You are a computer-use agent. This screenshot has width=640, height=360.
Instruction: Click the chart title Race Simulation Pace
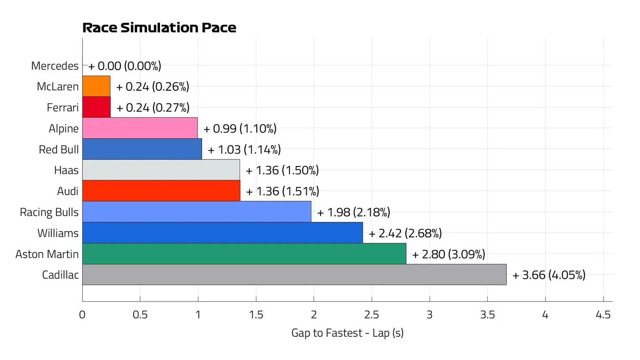click(x=159, y=28)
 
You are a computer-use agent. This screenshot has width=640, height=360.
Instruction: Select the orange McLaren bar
click(x=96, y=86)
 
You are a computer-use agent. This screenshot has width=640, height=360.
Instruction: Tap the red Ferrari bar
click(x=96, y=107)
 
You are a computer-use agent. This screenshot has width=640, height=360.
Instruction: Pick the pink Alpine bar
click(x=140, y=128)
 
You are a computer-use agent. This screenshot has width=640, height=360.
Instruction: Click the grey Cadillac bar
click(x=294, y=274)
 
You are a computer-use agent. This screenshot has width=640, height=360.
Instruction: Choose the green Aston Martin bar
click(x=244, y=254)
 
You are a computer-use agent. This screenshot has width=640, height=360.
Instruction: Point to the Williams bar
click(x=222, y=233)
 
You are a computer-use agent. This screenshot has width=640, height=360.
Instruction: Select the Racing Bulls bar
click(x=197, y=212)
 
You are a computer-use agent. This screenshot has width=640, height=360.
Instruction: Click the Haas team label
click(x=66, y=170)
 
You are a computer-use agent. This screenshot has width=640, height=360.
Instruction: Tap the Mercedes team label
click(x=55, y=66)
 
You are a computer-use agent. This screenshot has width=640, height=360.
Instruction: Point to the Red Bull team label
click(x=58, y=149)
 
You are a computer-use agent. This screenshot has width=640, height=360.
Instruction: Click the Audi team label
click(x=68, y=191)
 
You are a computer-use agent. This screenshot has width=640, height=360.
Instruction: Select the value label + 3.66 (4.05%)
click(x=549, y=275)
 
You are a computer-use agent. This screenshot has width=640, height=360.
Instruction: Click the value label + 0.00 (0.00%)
click(x=125, y=66)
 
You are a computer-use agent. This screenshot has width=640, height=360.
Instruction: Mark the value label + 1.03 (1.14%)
click(x=244, y=150)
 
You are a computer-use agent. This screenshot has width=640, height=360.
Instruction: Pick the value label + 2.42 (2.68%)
click(x=405, y=233)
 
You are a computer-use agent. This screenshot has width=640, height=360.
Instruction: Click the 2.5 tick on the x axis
click(x=372, y=315)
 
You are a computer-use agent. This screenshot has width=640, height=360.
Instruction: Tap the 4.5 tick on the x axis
click(x=603, y=315)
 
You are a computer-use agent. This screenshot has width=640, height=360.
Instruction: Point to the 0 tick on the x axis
click(x=82, y=315)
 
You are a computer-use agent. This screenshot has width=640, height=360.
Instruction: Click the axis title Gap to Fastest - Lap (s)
click(x=347, y=333)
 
